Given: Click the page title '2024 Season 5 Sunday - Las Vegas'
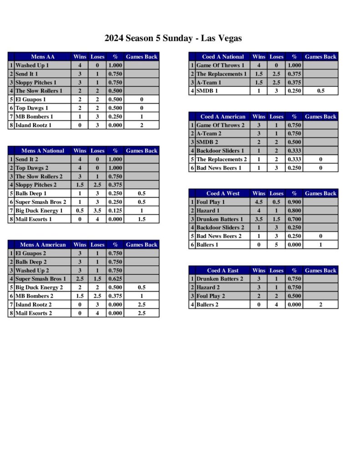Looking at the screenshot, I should (173, 38).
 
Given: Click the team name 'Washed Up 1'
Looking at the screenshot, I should (32, 66).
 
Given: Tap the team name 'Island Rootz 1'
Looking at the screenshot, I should (34, 125).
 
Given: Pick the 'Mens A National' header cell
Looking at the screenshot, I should (43, 151).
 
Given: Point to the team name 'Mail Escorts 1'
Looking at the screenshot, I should (34, 219).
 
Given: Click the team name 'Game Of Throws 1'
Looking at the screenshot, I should (220, 66).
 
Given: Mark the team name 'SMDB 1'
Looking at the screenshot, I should (207, 91).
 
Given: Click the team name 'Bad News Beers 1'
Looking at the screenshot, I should (219, 168).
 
